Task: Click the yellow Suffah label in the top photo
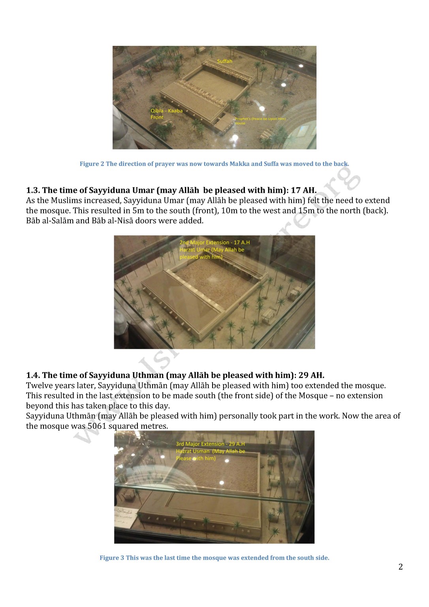(224, 61)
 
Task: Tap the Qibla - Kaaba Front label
(166, 114)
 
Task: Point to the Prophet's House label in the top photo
(260, 121)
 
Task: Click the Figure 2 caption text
(214, 164)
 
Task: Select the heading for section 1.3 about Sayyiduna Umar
(171, 190)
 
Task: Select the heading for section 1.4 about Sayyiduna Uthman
(175, 375)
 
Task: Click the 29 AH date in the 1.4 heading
(311, 375)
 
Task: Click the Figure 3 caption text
(214, 558)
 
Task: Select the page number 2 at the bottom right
(401, 567)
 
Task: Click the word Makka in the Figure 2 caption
(239, 164)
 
